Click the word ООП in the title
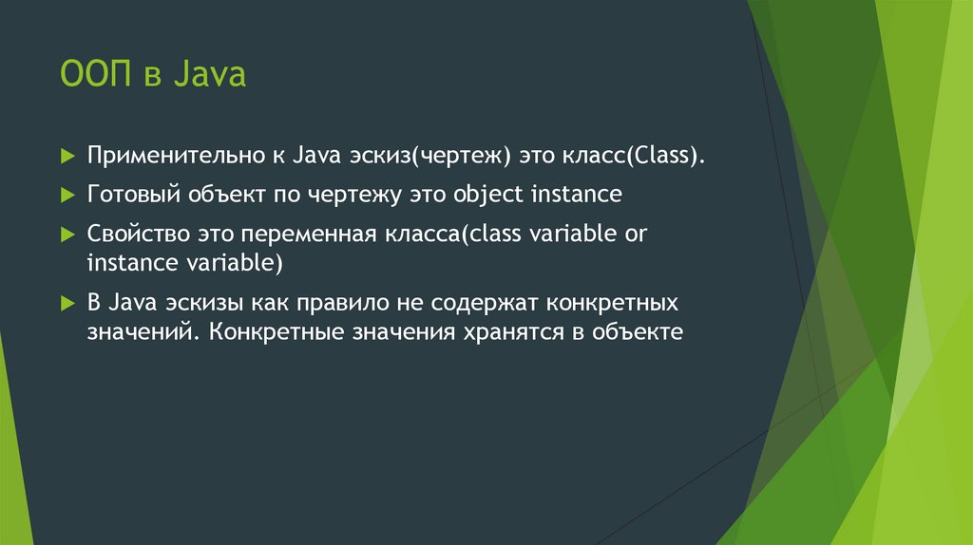(x=96, y=74)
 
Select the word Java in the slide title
(x=210, y=74)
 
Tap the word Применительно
(x=176, y=156)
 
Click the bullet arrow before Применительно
(x=67, y=156)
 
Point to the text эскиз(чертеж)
(x=429, y=156)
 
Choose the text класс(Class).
(x=634, y=156)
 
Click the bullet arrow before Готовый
(x=67, y=196)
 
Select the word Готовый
(x=133, y=195)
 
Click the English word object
(x=488, y=195)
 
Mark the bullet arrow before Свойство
(x=67, y=235)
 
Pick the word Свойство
(x=139, y=234)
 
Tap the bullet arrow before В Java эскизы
(x=67, y=304)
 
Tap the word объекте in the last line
(x=638, y=332)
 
